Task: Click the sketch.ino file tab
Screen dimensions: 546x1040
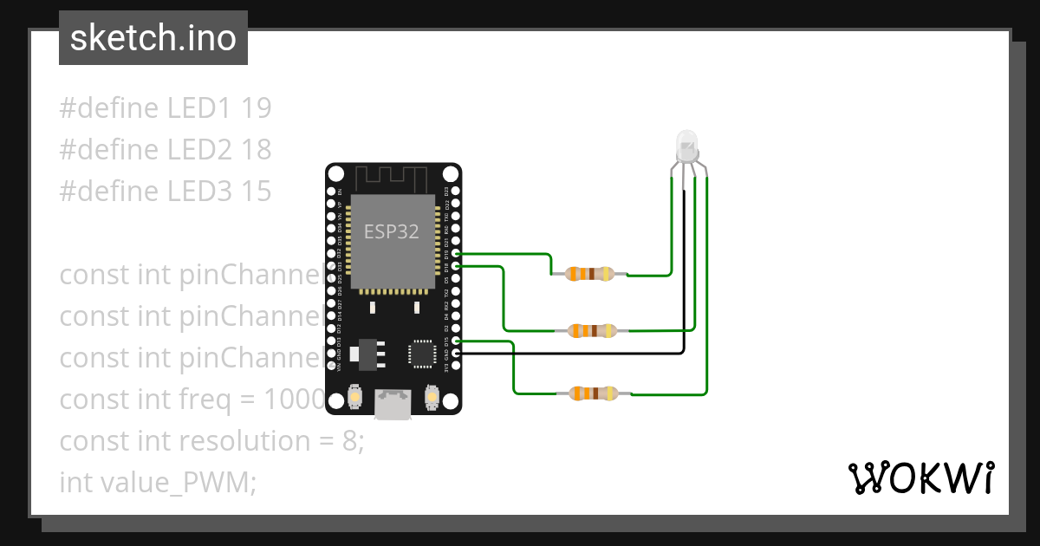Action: tap(153, 38)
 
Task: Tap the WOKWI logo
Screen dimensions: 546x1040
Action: tap(920, 478)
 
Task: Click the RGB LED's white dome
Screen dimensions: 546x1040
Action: tap(686, 144)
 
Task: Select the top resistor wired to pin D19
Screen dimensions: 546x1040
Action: tap(589, 274)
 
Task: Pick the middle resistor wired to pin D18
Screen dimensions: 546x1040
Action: tap(592, 330)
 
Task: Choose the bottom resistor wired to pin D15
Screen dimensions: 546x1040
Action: tap(593, 393)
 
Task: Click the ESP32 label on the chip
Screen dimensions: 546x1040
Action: tap(391, 231)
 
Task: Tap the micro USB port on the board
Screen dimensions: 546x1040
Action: tap(393, 404)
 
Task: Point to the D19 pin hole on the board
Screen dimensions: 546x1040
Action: tap(456, 255)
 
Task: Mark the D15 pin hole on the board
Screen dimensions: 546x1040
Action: tap(456, 341)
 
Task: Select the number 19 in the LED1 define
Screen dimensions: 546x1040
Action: tap(257, 108)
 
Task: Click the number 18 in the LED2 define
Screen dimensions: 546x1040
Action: tap(257, 150)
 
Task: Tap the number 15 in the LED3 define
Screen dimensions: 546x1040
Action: tap(257, 192)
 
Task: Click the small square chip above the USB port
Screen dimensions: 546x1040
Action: tap(421, 353)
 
